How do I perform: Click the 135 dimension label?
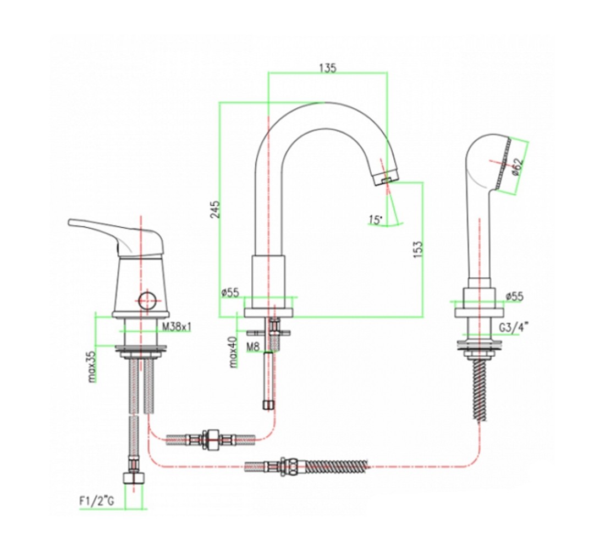pos(328,68)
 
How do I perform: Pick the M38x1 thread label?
pos(177,327)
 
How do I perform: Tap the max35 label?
pos(92,366)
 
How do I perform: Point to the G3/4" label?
pos(514,328)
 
